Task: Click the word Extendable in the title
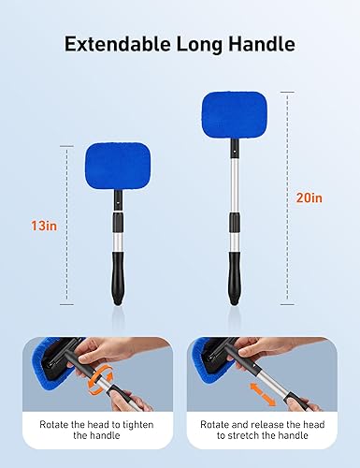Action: coord(108,44)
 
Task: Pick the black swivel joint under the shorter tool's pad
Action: coord(119,200)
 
